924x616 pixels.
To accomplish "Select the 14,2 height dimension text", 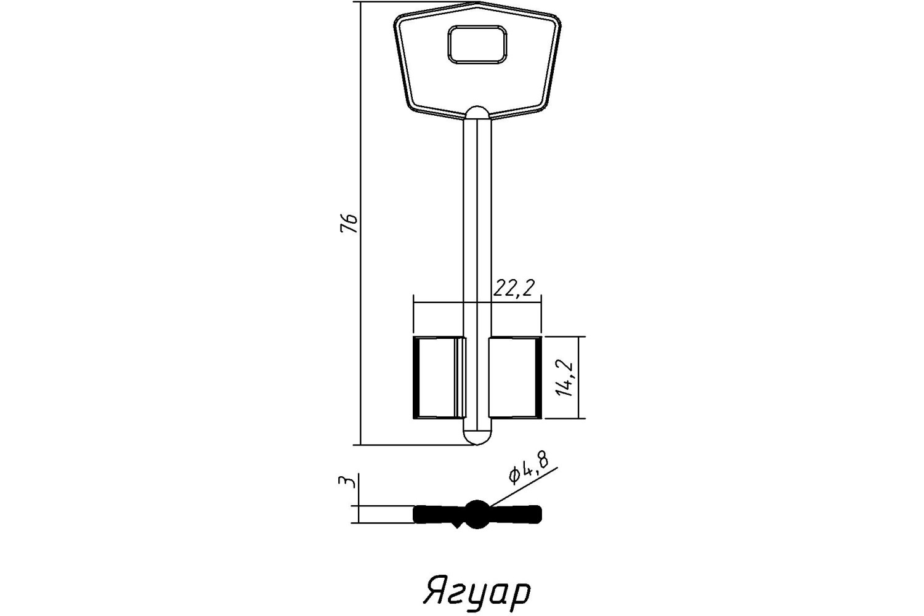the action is [564, 378].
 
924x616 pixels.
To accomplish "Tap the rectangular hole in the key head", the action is [477, 44].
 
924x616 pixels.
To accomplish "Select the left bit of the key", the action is [440, 378].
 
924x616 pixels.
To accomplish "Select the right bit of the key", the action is [515, 378].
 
